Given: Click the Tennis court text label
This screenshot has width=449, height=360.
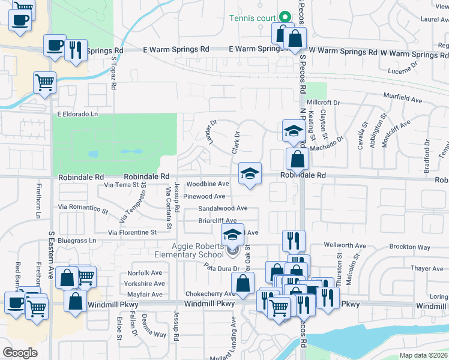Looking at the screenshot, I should (x=253, y=17).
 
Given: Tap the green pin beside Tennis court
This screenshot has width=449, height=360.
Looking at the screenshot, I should (x=286, y=17).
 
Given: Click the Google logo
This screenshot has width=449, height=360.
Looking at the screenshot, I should (x=20, y=353).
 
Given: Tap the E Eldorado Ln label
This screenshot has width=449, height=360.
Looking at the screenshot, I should (x=76, y=113).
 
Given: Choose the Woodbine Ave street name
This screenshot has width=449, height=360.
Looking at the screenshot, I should (x=207, y=184).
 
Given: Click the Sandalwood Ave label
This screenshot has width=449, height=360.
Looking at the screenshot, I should (x=223, y=208).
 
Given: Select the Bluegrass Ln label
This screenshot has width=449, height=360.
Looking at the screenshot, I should (x=76, y=241).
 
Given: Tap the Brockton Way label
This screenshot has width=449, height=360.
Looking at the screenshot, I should (x=410, y=247).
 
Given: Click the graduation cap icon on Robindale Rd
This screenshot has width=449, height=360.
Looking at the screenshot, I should (x=250, y=174).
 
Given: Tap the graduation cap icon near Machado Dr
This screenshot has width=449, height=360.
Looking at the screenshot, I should (x=292, y=131).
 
